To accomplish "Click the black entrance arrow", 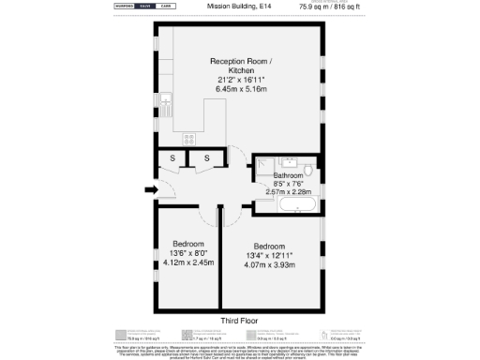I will [151, 190].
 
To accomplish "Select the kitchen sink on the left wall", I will [164, 98].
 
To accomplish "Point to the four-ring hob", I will [188, 138].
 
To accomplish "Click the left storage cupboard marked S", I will [172, 158].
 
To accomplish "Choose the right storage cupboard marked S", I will [206, 158].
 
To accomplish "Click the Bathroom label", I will [288, 175].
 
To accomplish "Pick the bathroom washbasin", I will [289, 160].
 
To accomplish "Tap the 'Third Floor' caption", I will [240, 322].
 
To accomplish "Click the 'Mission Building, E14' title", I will [240, 6].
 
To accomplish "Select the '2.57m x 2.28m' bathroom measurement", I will [288, 191].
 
